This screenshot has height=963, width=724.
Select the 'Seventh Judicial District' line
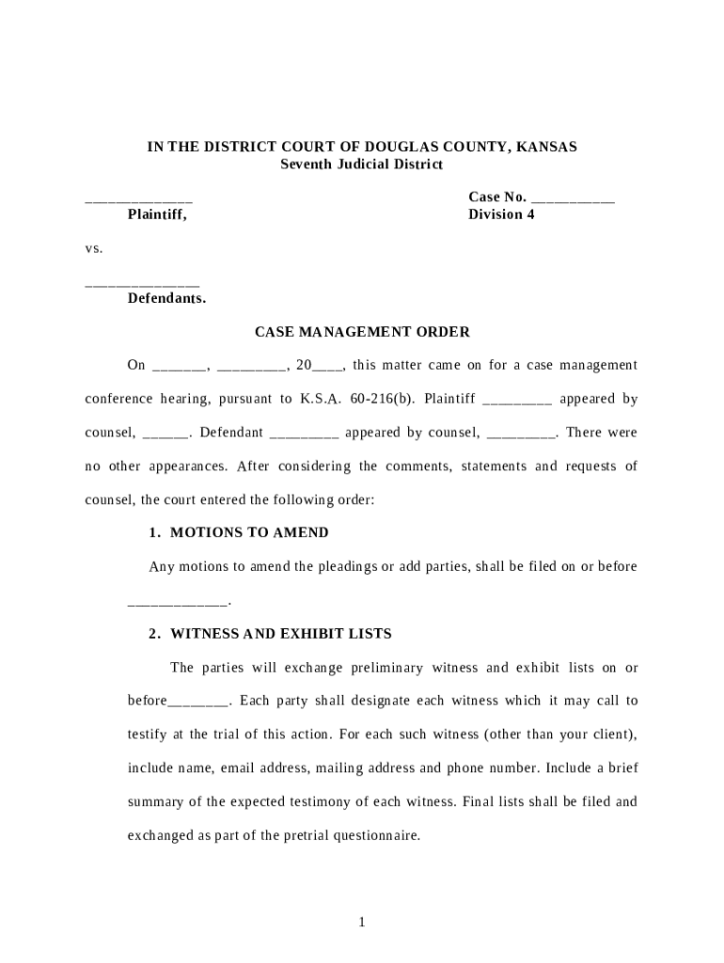tap(362, 165)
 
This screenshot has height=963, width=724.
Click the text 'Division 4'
tap(501, 214)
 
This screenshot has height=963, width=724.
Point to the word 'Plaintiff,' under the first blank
tap(157, 214)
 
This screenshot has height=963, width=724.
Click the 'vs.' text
tap(93, 249)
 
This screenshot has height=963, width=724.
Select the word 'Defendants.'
tap(166, 299)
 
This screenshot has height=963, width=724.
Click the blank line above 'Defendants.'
tap(142, 282)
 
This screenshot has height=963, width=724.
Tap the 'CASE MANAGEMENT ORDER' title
tap(362, 332)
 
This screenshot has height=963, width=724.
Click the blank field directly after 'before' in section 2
tap(198, 702)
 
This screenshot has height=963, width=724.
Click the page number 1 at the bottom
tap(361, 923)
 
